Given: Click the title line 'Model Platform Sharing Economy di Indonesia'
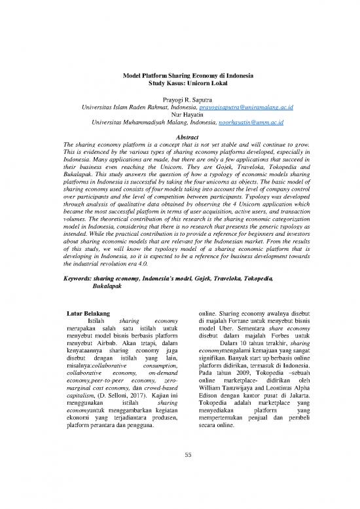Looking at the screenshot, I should tap(179, 76).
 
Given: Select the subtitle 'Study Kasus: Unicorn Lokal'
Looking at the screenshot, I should tap(179, 85).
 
